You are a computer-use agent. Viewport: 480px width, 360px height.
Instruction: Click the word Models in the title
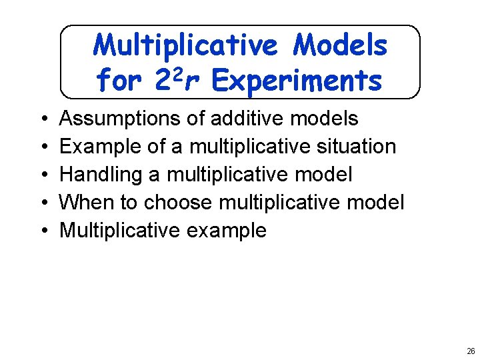341,45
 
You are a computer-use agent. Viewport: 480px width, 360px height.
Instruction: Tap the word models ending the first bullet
325,119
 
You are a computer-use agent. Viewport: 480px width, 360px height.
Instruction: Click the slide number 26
471,351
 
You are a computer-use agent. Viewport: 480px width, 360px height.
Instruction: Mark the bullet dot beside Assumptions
43,119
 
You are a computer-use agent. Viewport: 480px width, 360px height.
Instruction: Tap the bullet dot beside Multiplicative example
43,231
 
